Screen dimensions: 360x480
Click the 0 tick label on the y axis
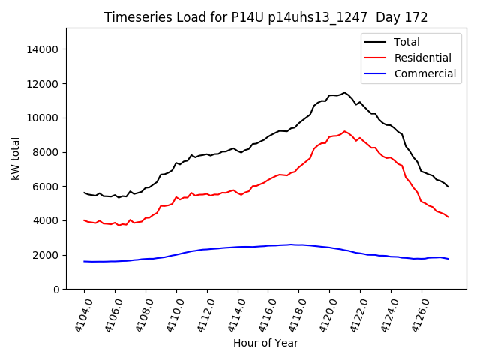pyautogui.click(x=56, y=289)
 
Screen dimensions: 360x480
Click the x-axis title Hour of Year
pyautogui.click(x=265, y=343)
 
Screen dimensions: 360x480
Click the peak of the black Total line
pyautogui.click(x=345, y=93)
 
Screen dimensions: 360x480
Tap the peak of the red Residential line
pyautogui.click(x=345, y=131)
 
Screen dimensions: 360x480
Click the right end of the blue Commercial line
pyautogui.click(x=448, y=259)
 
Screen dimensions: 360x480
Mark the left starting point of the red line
pyautogui.click(x=84, y=220)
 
